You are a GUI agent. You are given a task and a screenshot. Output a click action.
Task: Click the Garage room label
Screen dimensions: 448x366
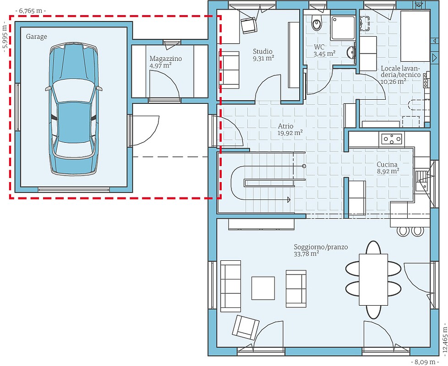pyautogui.click(x=37, y=37)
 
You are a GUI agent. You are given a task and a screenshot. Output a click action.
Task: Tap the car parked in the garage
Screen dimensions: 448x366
pyautogui.click(x=74, y=109)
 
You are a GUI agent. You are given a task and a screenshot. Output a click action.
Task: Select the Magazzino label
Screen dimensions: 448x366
pyautogui.click(x=166, y=59)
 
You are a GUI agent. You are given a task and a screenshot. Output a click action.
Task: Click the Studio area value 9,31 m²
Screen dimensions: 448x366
pyautogui.click(x=263, y=58)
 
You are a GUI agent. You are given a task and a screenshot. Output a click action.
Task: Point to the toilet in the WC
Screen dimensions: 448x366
pyautogui.click(x=317, y=21)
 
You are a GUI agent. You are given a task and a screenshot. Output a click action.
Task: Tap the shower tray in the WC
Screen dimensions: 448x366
pyautogui.click(x=343, y=27)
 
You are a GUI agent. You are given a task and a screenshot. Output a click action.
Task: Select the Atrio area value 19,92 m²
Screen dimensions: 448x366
pyautogui.click(x=290, y=133)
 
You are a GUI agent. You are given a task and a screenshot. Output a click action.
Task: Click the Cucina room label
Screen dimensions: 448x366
pyautogui.click(x=387, y=164)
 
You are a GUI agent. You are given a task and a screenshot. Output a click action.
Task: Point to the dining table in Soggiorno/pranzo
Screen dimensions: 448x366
pyautogui.click(x=373, y=280)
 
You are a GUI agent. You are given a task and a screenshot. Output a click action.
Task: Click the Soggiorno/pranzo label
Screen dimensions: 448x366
pyautogui.click(x=321, y=247)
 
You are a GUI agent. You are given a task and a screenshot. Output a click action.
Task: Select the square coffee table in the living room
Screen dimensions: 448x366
pyautogui.click(x=263, y=288)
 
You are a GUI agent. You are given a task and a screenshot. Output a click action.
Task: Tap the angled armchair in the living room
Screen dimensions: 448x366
pyautogui.click(x=246, y=327)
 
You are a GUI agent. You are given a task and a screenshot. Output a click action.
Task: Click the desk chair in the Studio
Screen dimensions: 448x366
pyautogui.click(x=249, y=25)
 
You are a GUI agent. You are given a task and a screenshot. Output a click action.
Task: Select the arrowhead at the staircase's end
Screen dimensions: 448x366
pyautogui.click(x=289, y=199)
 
